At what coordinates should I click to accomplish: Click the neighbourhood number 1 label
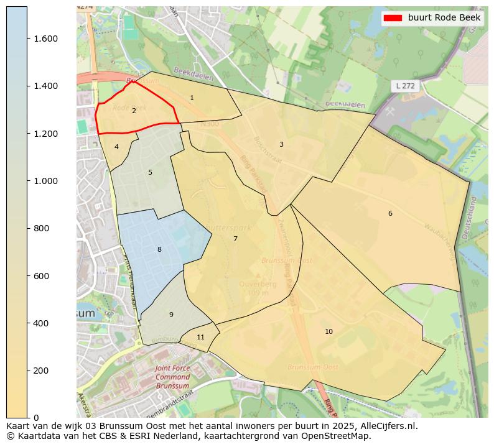192,98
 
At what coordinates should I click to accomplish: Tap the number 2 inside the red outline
134,111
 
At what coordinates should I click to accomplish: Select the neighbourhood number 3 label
281,144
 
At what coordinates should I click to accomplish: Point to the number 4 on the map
116,147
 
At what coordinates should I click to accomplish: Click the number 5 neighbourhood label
150,172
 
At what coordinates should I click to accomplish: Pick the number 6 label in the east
390,213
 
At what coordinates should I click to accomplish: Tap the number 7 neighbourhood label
235,239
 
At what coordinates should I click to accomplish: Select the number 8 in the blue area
159,249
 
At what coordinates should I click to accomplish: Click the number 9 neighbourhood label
171,315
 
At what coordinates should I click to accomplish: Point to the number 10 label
329,331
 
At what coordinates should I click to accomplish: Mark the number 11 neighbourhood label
200,337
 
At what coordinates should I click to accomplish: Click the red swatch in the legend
394,18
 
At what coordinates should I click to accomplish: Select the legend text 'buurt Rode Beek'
444,18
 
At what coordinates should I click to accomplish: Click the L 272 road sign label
406,86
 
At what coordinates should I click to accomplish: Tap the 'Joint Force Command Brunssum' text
172,377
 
